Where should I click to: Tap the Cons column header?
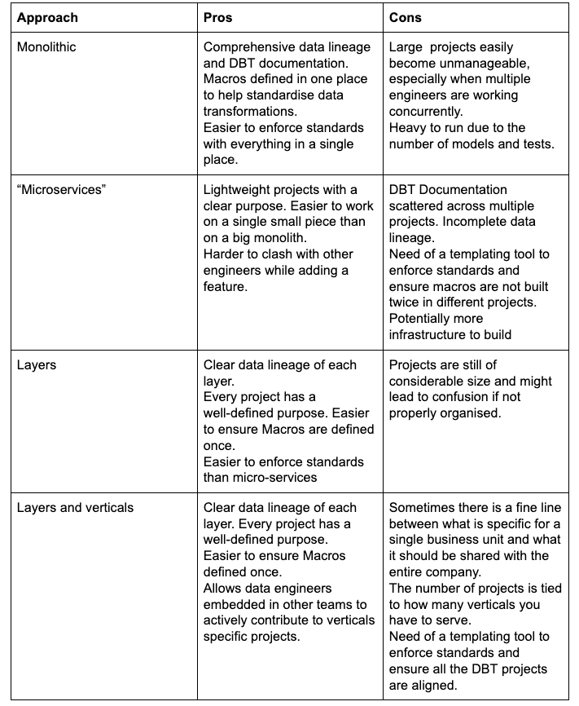tap(406, 17)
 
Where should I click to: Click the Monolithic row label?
tap(46, 47)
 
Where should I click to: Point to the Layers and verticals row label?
tap(75, 508)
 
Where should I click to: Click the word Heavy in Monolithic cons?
tap(408, 128)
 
